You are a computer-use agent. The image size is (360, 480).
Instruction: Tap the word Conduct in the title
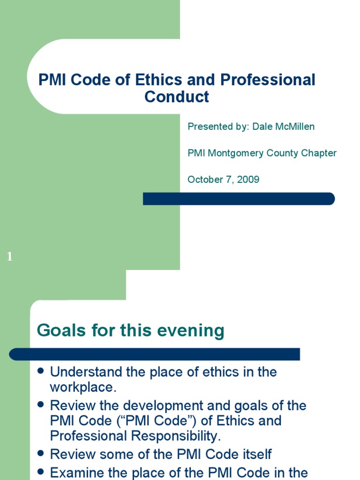tap(176, 97)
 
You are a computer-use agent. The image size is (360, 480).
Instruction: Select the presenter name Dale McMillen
tap(283, 127)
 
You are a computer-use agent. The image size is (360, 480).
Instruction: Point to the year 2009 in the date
tap(248, 180)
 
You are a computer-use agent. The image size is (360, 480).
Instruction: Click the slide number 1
tap(10, 257)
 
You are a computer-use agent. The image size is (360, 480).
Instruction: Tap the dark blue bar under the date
tap(239, 199)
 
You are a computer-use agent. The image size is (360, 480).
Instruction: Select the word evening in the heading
tap(197, 330)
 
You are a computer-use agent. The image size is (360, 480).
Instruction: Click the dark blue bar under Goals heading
tap(155, 354)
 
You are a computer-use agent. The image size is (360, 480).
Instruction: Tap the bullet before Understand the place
tap(40, 371)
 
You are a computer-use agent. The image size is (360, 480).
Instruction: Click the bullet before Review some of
tap(40, 453)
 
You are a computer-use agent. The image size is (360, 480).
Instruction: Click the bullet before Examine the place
tap(40, 471)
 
